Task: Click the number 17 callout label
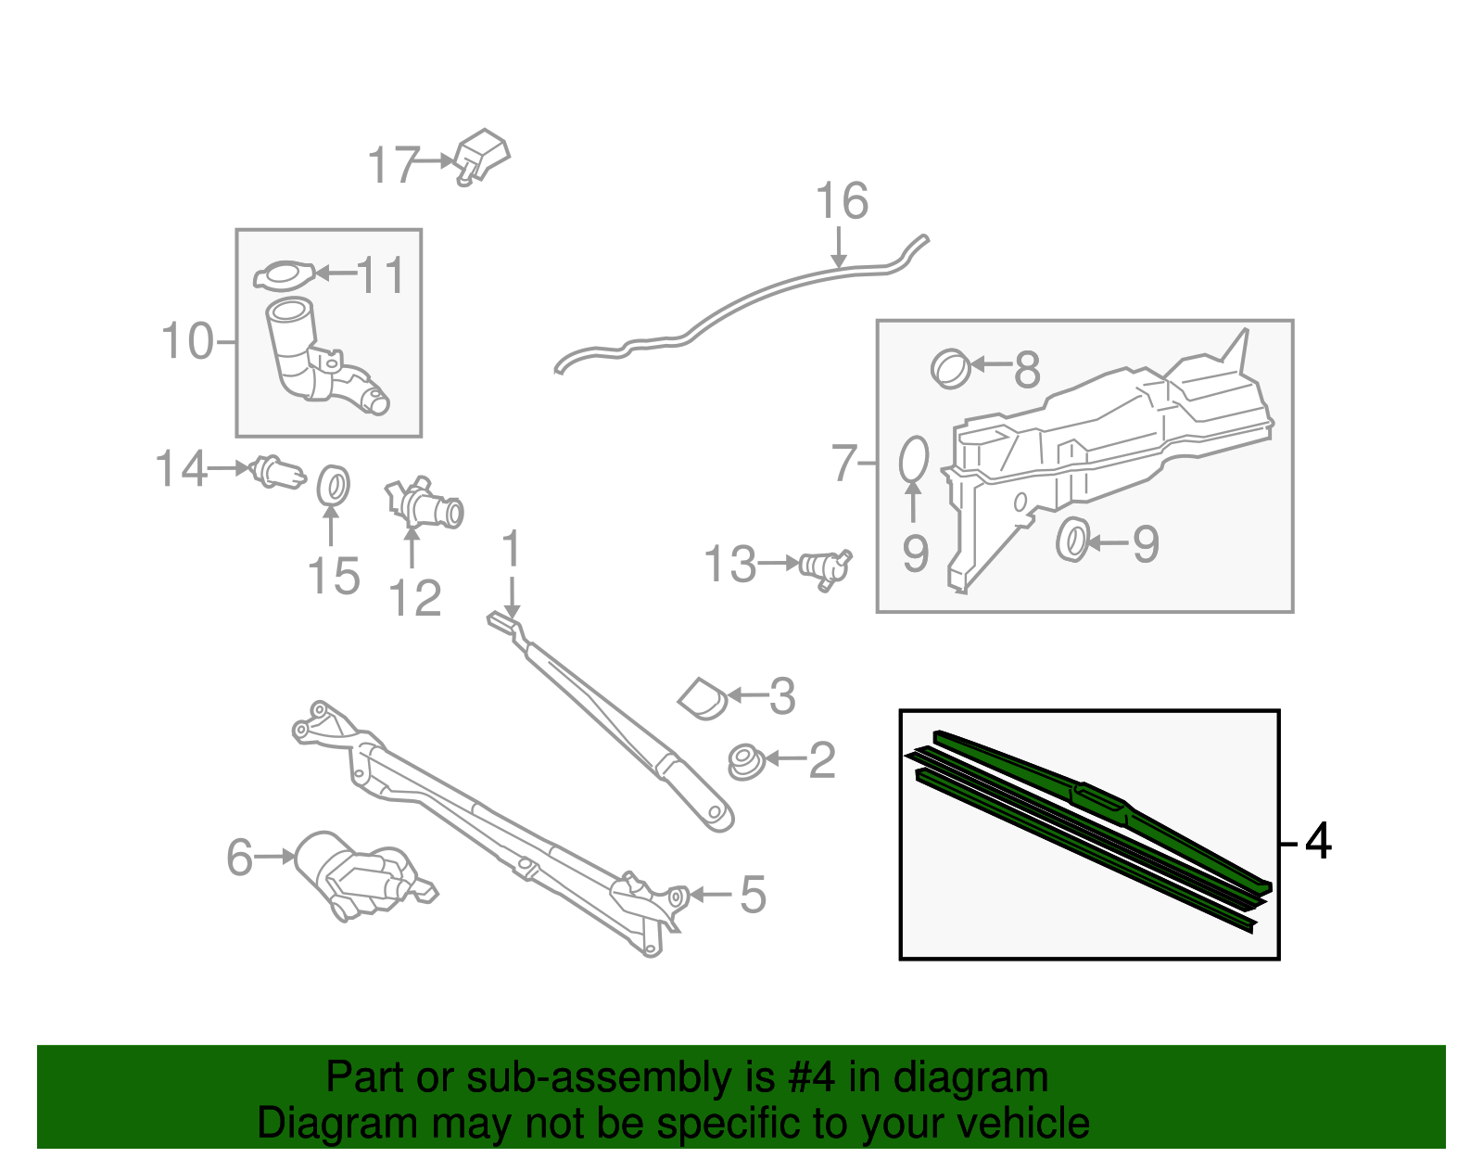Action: point(394,165)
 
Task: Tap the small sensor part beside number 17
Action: point(482,156)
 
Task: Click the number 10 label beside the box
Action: point(187,341)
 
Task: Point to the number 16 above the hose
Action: point(842,201)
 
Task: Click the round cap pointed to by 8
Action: point(950,368)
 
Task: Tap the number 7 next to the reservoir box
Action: point(844,463)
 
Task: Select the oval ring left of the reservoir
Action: point(913,459)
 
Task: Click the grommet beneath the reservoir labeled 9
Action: point(1071,541)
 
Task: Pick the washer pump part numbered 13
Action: point(825,567)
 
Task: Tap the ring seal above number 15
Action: point(333,486)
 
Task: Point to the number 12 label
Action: point(414,598)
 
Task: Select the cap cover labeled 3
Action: point(703,696)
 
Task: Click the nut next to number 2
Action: point(744,760)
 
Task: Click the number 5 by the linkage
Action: point(753,895)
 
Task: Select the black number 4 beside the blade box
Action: point(1317,842)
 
